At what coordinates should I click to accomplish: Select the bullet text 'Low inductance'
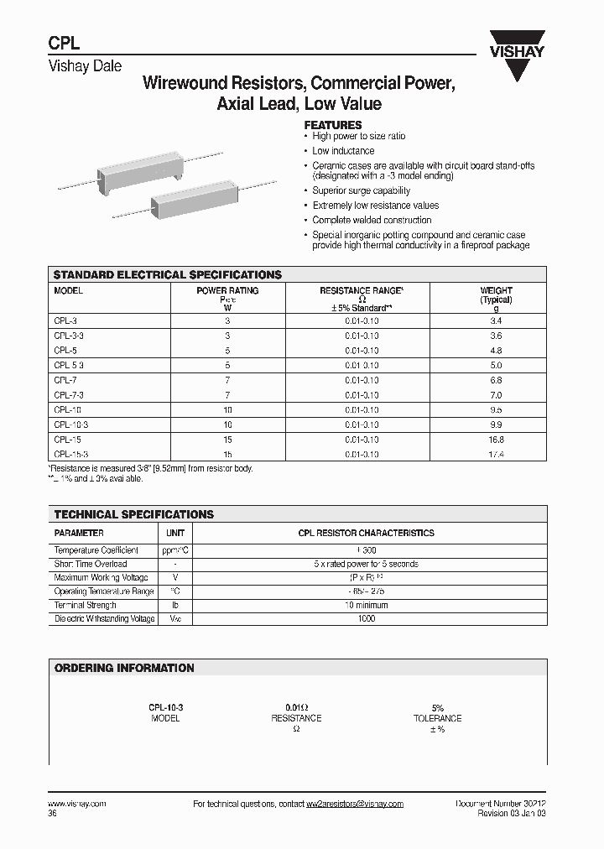pyautogui.click(x=343, y=151)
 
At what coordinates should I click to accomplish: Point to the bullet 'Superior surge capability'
pyautogui.click(x=362, y=191)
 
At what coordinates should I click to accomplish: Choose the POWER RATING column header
pyautogui.click(x=227, y=291)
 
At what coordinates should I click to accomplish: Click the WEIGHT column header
pyautogui.click(x=496, y=291)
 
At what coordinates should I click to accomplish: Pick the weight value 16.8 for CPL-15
pyautogui.click(x=496, y=439)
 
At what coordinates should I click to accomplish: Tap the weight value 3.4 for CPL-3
pyautogui.click(x=496, y=320)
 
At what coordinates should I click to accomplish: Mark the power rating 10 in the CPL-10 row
pyautogui.click(x=227, y=409)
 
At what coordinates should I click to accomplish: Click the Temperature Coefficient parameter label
pyautogui.click(x=93, y=550)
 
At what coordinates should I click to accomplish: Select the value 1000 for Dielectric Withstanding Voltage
pyautogui.click(x=366, y=618)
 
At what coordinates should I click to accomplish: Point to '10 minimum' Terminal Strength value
pyautogui.click(x=366, y=605)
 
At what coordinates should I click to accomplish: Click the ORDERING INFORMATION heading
pyautogui.click(x=124, y=668)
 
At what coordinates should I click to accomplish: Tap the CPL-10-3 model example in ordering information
pyautogui.click(x=165, y=708)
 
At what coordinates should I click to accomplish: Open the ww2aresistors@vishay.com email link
pyautogui.click(x=355, y=804)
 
